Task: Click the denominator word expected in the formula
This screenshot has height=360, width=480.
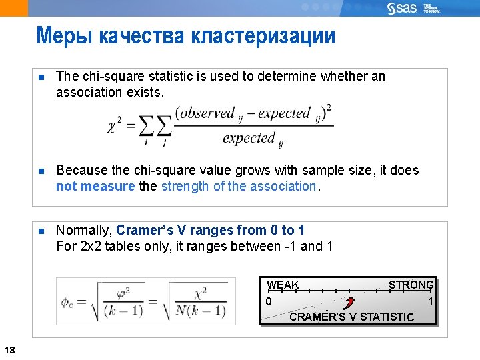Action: point(249,138)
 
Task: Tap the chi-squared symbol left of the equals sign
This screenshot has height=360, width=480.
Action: point(114,125)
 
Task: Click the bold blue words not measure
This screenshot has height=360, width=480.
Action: point(95,187)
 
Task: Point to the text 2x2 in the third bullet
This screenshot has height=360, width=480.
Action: point(89,247)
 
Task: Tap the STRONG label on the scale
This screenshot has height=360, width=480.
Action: point(411,285)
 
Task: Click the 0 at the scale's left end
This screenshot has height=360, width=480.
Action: point(268,302)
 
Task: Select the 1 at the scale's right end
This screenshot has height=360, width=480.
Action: point(431,302)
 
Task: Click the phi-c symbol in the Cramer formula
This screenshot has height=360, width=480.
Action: point(67,301)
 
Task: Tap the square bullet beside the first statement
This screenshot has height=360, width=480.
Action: point(40,77)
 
